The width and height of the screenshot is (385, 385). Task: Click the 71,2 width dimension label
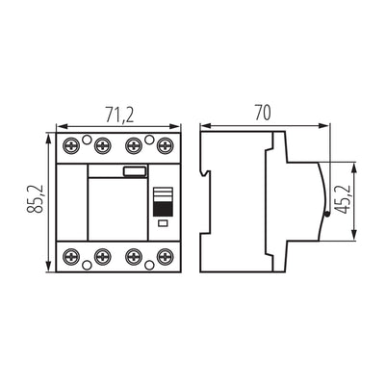point(116,115)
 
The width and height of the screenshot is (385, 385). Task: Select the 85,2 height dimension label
point(35,203)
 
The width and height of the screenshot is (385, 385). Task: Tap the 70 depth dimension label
point(262,112)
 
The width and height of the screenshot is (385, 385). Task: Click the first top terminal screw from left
point(71,146)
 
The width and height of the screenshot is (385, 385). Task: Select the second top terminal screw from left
point(103,146)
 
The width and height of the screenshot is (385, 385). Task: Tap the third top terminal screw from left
point(135,146)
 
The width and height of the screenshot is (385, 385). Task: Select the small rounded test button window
point(135,172)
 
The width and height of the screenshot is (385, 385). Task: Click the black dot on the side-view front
point(326,217)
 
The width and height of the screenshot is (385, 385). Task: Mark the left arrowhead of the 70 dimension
point(200,125)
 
